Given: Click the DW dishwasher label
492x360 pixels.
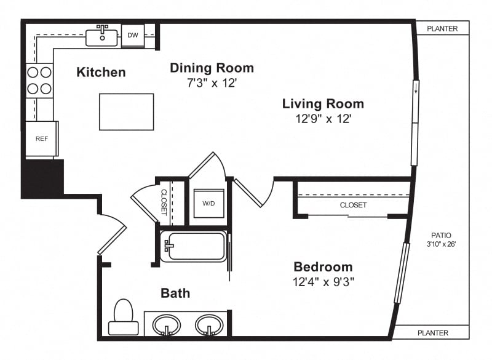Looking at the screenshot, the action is [133, 35].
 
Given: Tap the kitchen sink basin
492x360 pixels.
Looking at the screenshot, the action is [101, 38].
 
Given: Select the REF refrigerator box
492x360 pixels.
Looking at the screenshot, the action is [42, 138].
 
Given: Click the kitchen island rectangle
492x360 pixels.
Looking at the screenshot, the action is [127, 112].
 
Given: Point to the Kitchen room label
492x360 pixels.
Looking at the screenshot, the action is [101, 72].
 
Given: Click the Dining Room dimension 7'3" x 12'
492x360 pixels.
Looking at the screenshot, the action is [212, 83].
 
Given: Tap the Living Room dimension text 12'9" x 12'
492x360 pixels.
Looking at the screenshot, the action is [323, 119].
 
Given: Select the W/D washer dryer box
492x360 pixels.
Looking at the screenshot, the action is [208, 203].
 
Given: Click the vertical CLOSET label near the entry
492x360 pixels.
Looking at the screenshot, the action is [164, 202].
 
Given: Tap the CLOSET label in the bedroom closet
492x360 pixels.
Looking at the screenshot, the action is [353, 205].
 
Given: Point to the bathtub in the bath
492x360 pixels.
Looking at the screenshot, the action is [193, 246].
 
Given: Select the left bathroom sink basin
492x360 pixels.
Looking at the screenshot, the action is [166, 325].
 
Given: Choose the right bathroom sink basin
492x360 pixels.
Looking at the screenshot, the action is [209, 325].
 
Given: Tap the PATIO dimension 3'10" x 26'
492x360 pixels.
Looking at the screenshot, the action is [441, 244].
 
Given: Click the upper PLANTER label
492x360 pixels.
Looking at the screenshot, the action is [442, 28].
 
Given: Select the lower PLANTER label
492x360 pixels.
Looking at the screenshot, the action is [433, 333].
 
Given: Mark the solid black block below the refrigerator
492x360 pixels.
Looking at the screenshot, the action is [42, 179].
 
